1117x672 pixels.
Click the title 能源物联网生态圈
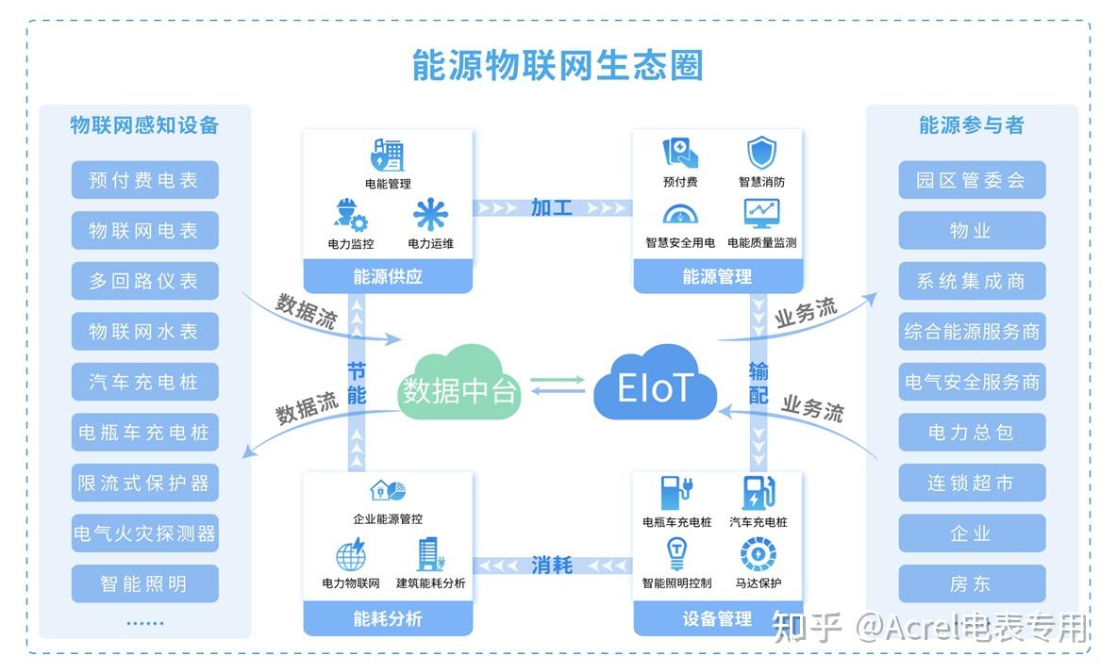pos(558,66)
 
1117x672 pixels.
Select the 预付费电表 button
pos(144,180)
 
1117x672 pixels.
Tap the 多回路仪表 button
pos(144,281)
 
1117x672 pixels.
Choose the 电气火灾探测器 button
pos(144,533)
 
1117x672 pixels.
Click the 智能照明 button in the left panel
pos(144,584)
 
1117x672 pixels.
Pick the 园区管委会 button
pos(971,180)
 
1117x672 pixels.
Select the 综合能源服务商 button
pos(971,332)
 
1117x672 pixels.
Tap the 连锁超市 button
pos(971,484)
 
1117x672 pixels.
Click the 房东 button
pos(971,584)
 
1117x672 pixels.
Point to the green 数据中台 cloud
pos(459,386)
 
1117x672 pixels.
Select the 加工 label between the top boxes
pos(552,207)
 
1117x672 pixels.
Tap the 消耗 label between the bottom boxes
pos(552,565)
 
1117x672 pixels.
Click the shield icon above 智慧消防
pos(761,153)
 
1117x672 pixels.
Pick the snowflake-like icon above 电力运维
pos(430,215)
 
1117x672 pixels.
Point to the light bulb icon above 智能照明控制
pos(676,553)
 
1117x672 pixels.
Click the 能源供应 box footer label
pos(388,277)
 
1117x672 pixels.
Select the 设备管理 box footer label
pos(717,619)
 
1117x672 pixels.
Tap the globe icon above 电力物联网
pos(350,554)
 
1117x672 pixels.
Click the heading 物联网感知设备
pos(144,125)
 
